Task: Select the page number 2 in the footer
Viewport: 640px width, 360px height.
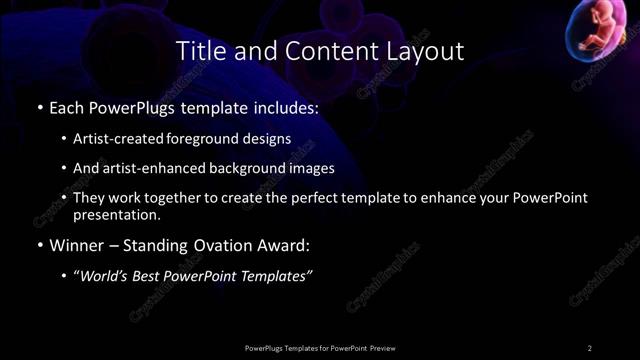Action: pyautogui.click(x=590, y=348)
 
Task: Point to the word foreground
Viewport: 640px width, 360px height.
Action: pyautogui.click(x=210, y=138)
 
